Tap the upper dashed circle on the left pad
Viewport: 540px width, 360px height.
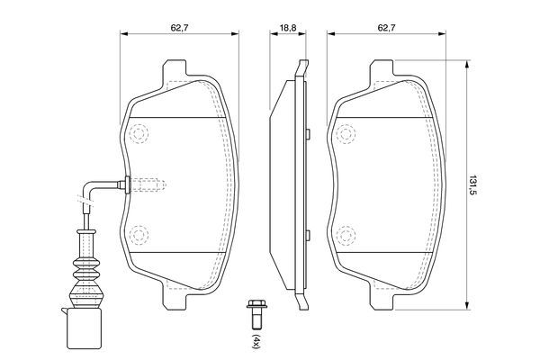[x=139, y=135]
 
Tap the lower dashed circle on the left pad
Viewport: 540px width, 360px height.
[x=139, y=236]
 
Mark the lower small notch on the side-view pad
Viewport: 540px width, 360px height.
[x=306, y=236]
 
